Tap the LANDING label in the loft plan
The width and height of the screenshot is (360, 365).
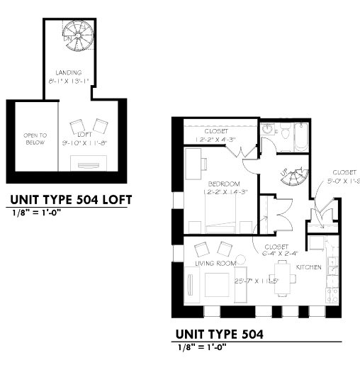coord(69,72)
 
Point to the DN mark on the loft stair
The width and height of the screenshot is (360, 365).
coord(66,38)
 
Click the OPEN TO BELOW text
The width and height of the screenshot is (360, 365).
coord(35,138)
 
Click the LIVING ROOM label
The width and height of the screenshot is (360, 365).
coord(215,264)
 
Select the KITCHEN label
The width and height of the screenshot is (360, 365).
coord(309,267)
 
